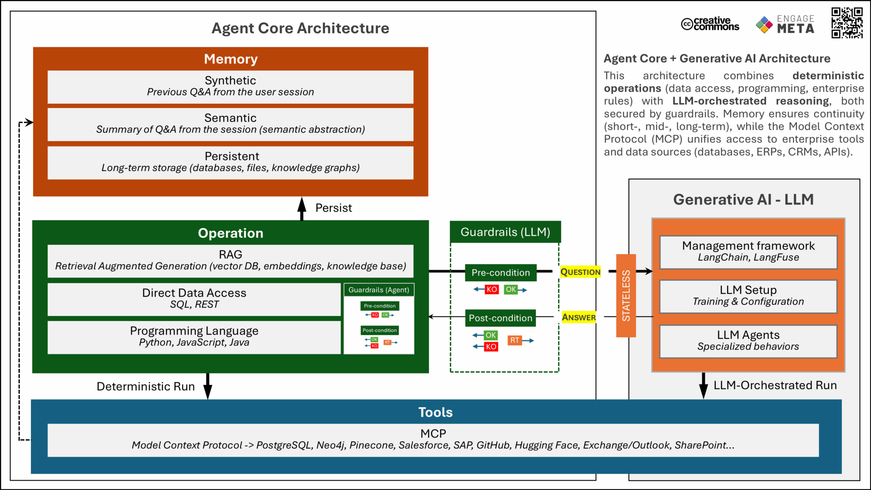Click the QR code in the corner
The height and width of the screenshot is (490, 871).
[x=847, y=23]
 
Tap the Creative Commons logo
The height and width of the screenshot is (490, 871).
[x=710, y=24]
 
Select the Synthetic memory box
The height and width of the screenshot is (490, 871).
[x=231, y=86]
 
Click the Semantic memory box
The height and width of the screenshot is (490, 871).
[x=231, y=124]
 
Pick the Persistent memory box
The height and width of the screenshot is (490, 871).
[x=231, y=162]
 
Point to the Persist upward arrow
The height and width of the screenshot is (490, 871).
[x=302, y=208]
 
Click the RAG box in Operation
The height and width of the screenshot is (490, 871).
[x=231, y=260]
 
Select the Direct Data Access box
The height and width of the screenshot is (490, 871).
[x=194, y=299]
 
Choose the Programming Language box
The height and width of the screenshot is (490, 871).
[x=194, y=336]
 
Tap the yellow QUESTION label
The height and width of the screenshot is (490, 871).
[x=580, y=272]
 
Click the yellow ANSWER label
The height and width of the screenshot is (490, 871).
[x=579, y=317]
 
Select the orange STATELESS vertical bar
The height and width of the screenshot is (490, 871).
[x=626, y=296]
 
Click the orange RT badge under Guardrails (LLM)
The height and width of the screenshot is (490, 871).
[x=515, y=340]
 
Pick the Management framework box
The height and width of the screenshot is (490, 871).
[x=748, y=252]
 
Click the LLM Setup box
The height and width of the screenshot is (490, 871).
[x=748, y=296]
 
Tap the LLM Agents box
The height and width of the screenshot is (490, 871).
[x=748, y=341]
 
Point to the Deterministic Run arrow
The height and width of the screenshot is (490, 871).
[x=208, y=386]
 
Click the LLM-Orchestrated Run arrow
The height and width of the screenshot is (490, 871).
[x=703, y=385]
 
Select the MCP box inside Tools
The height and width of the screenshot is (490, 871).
[x=433, y=440]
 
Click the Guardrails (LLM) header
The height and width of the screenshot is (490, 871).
[x=505, y=232]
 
